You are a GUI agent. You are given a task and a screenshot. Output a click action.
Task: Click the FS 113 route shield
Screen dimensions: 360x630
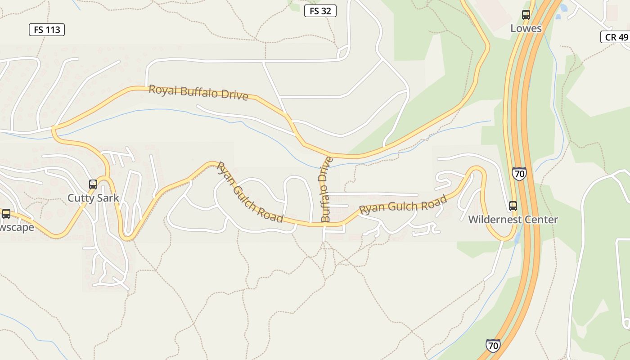[x=47, y=30]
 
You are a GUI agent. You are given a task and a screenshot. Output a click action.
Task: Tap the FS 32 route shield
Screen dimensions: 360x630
[x=320, y=11]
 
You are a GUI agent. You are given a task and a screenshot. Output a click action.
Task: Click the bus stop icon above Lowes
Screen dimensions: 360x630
[x=526, y=15]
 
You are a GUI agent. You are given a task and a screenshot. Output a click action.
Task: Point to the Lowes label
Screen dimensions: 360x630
[x=526, y=28]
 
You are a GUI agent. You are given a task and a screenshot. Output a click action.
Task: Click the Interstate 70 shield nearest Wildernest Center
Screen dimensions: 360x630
[x=519, y=174]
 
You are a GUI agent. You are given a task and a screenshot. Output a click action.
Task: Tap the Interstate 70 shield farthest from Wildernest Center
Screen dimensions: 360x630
[x=493, y=345]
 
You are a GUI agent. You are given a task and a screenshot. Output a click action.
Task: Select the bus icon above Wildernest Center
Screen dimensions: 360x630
[x=513, y=206]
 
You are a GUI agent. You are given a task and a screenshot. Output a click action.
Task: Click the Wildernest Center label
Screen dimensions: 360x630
[x=513, y=220]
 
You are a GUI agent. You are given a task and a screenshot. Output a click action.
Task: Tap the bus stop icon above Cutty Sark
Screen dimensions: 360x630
[x=93, y=184]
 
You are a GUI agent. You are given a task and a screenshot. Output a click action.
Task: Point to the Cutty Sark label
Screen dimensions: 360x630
[x=93, y=198]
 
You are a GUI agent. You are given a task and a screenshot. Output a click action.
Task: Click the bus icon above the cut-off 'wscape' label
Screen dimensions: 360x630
[x=6, y=214]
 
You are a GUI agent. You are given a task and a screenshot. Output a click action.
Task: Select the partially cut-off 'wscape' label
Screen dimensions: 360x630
[x=17, y=227]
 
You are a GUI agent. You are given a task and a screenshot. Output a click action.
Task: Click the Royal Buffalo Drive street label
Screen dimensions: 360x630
[x=198, y=93]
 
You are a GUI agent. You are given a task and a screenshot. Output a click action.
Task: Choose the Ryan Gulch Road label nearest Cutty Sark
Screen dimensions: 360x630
[x=250, y=192]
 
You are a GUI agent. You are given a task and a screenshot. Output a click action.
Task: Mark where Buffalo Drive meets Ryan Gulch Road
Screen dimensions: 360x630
[x=324, y=224]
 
